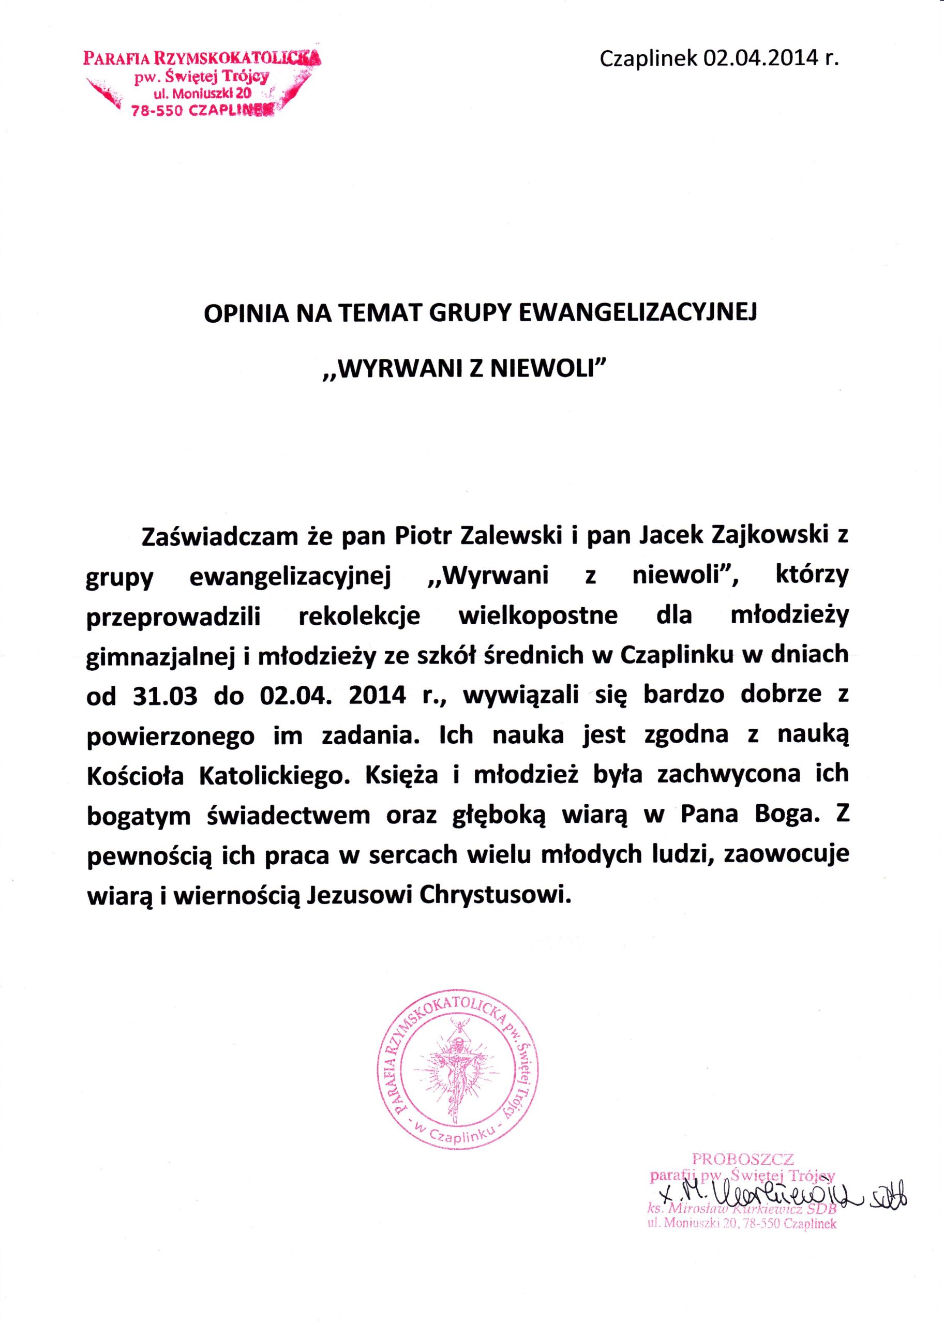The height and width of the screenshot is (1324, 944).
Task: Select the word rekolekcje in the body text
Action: coord(358,615)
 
